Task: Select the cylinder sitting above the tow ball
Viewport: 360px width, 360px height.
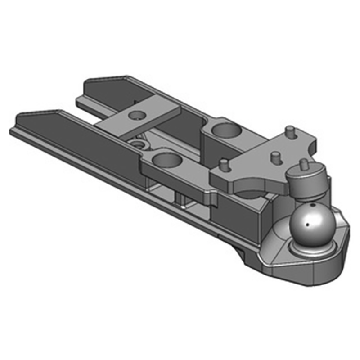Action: click(x=308, y=181)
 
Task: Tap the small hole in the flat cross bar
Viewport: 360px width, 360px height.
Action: click(x=135, y=115)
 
